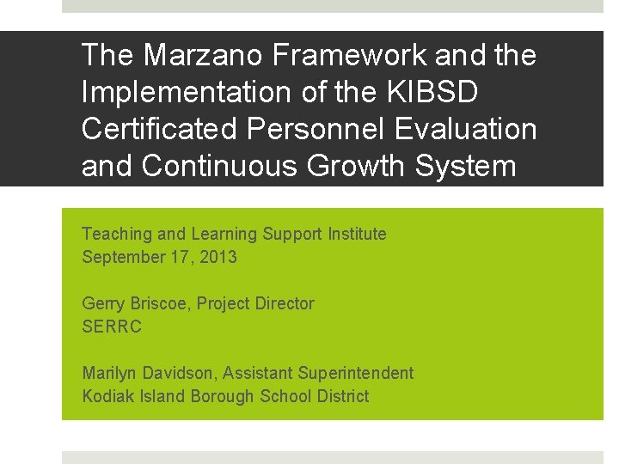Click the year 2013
[x=218, y=257]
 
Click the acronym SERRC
[x=112, y=327]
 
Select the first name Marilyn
[x=107, y=373]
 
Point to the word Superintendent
[x=355, y=373]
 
